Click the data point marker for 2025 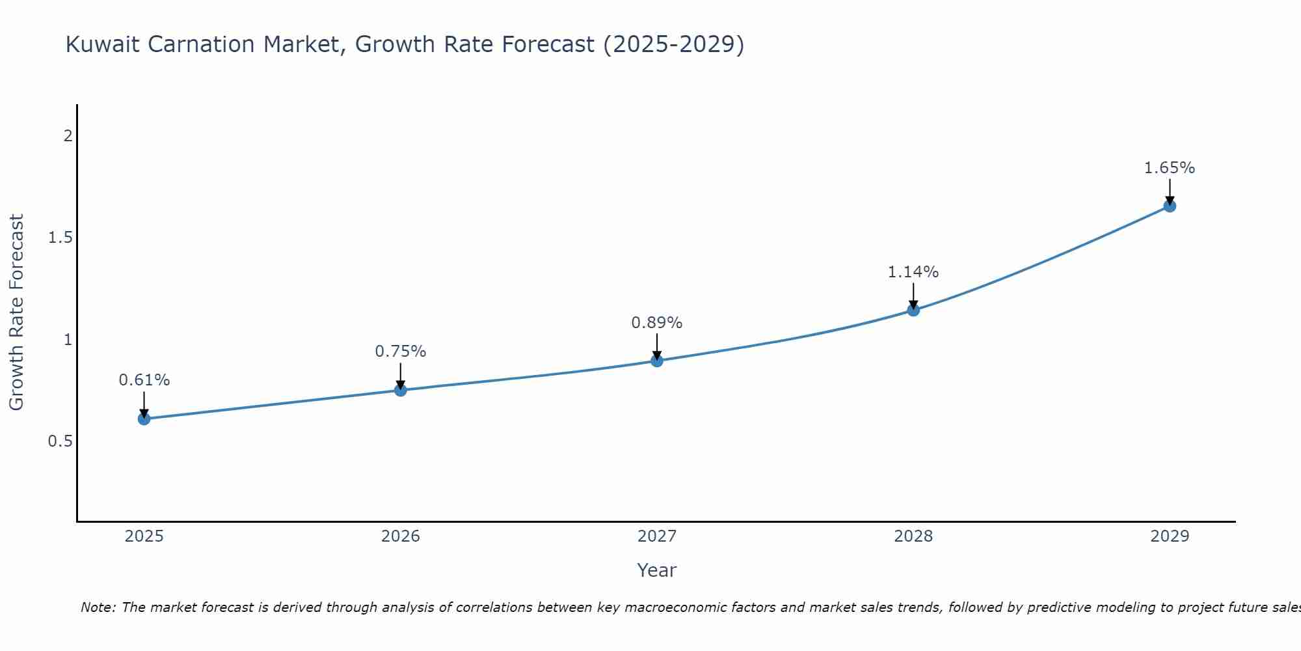(144, 419)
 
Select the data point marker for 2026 (401, 390)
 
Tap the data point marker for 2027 (657, 361)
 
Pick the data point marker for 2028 (913, 310)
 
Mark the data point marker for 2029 (1170, 206)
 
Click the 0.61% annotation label (144, 380)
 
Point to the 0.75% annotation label (401, 352)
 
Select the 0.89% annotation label (657, 323)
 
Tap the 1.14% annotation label (913, 272)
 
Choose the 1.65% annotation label (1170, 168)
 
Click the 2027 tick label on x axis (657, 536)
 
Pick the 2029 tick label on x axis (1170, 536)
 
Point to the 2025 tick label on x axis (144, 536)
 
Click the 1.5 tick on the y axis (60, 238)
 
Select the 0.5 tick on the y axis (60, 441)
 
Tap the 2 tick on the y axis (68, 136)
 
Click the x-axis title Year (657, 570)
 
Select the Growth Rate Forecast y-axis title (16, 312)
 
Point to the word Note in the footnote (98, 607)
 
